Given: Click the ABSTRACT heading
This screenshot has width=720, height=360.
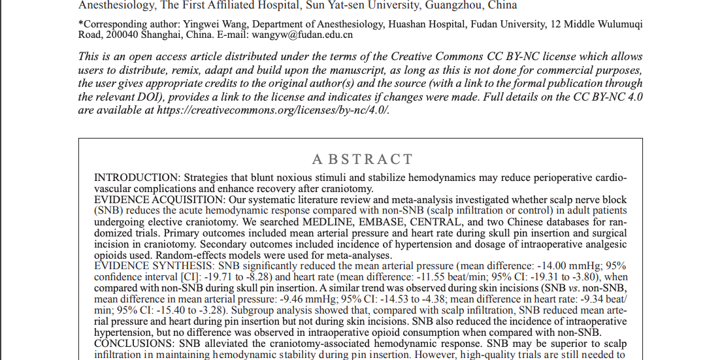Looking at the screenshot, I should pyautogui.click(x=363, y=159).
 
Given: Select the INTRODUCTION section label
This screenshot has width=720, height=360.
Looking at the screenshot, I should pyautogui.click(x=137, y=178).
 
